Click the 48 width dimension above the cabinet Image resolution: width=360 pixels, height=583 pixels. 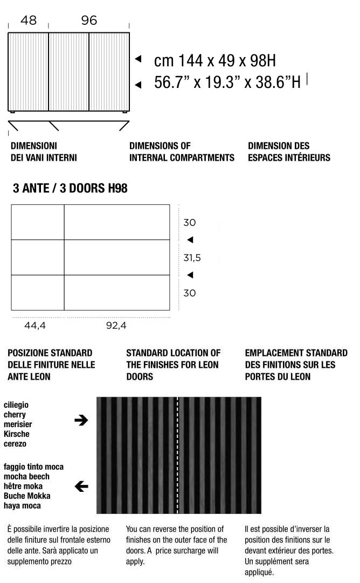(28, 20)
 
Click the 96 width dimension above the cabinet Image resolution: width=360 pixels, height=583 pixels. (89, 20)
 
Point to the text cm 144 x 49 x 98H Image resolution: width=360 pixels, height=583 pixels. (215, 60)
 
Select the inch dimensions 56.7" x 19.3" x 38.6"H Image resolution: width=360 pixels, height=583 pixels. (227, 83)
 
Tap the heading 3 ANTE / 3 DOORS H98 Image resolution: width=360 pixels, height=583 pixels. (70, 189)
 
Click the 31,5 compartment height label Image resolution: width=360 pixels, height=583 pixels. (192, 258)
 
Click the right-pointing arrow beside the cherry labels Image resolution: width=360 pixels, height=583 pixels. (81, 420)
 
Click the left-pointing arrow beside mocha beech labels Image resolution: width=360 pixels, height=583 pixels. (81, 486)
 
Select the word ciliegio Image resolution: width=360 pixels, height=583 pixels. (16, 404)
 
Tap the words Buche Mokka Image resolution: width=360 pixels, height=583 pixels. (24, 496)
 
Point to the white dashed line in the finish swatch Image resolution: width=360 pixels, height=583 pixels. (177, 455)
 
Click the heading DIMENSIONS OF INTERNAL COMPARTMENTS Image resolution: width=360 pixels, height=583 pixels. (182, 152)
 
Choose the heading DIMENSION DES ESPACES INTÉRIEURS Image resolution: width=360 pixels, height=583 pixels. (289, 152)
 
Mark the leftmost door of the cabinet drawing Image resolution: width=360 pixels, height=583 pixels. (28, 72)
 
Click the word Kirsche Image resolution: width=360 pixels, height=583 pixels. (16, 434)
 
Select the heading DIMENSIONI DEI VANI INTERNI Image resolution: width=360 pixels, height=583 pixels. (44, 152)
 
